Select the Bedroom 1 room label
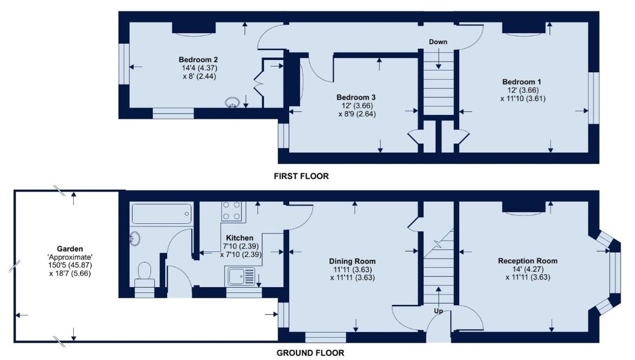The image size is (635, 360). (521, 82)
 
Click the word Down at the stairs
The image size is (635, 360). (438, 43)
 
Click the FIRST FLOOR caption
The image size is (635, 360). (301, 176)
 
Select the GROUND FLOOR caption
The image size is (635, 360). (311, 353)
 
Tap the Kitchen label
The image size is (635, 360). (240, 238)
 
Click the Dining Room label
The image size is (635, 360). (352, 261)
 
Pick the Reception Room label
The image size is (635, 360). (528, 261)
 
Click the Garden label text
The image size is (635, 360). (70, 249)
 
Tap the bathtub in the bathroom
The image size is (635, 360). (162, 214)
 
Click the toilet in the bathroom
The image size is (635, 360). (144, 273)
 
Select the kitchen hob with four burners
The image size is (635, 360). (232, 211)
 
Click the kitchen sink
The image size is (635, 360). (241, 276)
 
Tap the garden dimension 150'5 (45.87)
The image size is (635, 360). (70, 265)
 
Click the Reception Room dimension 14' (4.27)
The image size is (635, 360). (528, 269)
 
